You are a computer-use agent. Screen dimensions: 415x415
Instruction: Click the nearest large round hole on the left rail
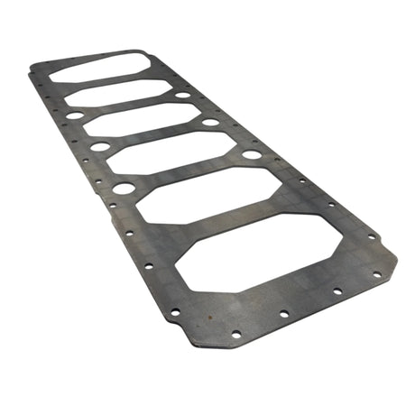[x=124, y=189]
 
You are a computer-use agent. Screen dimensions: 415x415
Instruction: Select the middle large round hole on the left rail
[x=99, y=146]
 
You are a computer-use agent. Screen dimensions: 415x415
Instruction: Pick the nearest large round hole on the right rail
[x=252, y=154]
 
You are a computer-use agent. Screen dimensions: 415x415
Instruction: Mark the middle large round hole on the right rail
[x=210, y=122]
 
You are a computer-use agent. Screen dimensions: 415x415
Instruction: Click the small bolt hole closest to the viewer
[x=235, y=334]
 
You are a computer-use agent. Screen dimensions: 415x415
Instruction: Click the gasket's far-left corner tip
[x=30, y=66]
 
